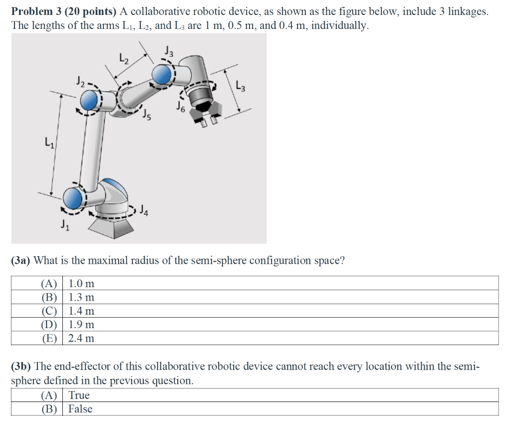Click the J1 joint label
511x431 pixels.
(65, 224)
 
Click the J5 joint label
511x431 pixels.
(146, 116)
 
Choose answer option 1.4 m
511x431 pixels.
(81, 311)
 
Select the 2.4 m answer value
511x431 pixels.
(81, 338)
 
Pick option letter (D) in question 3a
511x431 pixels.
(49, 325)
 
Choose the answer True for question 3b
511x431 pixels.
(79, 396)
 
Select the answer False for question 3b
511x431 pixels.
(80, 409)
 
